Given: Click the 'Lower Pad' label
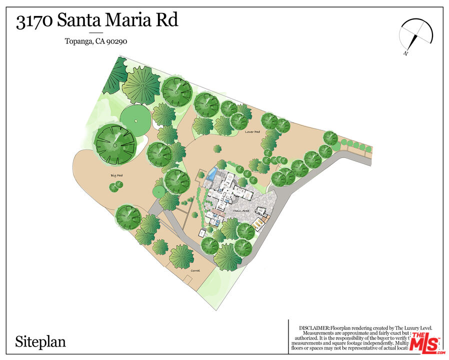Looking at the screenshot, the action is [252, 132].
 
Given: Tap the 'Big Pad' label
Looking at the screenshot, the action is [116, 175].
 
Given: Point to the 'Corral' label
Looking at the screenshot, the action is [195, 270].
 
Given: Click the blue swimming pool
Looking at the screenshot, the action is [212, 174].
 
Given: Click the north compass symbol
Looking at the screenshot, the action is [415, 36].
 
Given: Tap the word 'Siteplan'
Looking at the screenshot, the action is [40, 342].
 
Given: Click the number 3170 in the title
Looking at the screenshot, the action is [34, 21].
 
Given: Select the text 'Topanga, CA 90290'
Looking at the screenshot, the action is [96, 41].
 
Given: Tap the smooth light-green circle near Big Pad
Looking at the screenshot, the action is [135, 117].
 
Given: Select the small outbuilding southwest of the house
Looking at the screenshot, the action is [202, 232].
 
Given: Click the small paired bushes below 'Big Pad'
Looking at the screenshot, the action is [116, 186].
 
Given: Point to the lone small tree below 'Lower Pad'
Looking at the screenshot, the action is [217, 148].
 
